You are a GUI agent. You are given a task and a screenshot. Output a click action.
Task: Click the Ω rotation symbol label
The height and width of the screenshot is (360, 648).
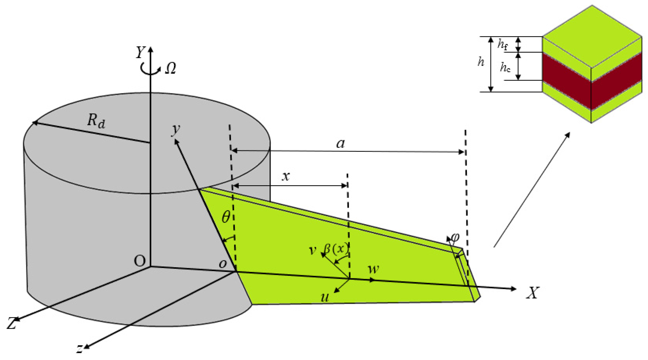pos(170,68)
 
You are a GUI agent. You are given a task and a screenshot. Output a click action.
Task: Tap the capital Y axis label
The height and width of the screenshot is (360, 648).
pos(140,52)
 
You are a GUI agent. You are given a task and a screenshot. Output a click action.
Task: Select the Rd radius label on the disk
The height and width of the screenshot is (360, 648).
pos(96,121)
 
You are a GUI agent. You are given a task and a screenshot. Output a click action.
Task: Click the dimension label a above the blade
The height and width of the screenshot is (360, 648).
pos(341,143)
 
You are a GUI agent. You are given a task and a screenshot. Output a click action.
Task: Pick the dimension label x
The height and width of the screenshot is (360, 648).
pos(286,176)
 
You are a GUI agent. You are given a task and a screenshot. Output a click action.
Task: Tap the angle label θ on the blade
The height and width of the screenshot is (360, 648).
pos(226,217)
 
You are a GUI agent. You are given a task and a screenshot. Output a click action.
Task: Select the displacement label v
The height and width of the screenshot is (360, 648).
pos(312,250)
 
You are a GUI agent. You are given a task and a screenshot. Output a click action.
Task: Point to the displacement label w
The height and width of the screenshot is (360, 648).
pos(373,269)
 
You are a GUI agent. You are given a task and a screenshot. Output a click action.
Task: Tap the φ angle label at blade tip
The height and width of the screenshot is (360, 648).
pos(455,237)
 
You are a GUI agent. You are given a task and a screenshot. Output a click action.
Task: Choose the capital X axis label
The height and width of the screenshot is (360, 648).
pos(533,293)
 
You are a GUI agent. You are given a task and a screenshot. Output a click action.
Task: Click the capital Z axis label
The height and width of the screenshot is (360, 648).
pos(12,323)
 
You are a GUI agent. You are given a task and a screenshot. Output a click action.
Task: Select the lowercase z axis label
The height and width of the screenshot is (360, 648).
pos(79,348)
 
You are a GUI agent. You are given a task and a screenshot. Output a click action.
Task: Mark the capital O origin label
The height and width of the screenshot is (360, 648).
pos(140,261)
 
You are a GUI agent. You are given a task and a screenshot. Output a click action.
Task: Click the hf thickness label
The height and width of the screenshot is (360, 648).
pos(502,44)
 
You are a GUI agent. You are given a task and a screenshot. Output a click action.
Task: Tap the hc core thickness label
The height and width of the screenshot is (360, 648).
pos(505,67)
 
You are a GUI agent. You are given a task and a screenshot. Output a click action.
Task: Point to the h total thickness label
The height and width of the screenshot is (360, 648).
pos(481,62)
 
